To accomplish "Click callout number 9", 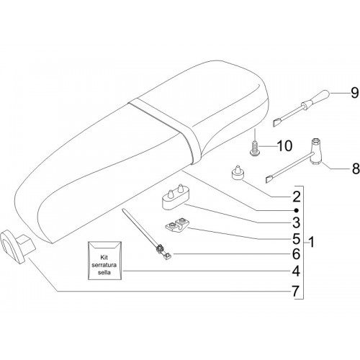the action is click(x=354, y=93).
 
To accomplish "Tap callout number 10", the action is click(x=284, y=146).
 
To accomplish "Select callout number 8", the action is click(x=356, y=168).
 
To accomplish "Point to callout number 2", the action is click(x=297, y=197).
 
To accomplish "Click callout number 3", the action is click(x=297, y=222).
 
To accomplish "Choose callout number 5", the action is click(x=297, y=239).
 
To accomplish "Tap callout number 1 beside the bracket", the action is click(x=311, y=242).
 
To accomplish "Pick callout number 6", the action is click(x=297, y=254).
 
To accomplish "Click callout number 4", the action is click(x=297, y=271).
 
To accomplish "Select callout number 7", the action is click(x=297, y=292).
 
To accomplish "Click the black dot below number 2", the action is click(x=297, y=210).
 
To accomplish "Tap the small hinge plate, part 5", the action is click(x=177, y=225).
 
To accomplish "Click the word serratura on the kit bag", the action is click(x=104, y=265).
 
